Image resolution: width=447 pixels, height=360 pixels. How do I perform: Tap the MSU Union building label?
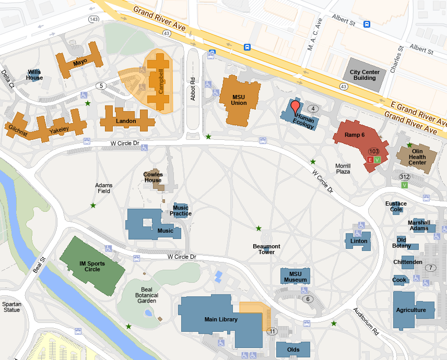pos(239,100)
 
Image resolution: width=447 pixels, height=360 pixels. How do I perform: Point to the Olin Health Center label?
pos(417,157)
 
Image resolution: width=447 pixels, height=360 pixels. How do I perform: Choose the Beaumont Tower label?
pos(266,249)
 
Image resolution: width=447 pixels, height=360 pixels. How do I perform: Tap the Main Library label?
pos(221,319)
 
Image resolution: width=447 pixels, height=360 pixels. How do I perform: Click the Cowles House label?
pos(153,177)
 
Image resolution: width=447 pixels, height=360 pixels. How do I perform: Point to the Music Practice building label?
pos(181,211)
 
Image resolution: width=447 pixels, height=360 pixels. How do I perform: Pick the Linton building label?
pos(359,241)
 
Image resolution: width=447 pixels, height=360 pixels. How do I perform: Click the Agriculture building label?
pos(411,310)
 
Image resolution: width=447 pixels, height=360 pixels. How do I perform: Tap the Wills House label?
pos(34,75)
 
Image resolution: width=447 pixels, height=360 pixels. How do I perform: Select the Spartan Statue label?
pos(11,306)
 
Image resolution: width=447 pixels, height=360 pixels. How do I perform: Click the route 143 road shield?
pos(94,19)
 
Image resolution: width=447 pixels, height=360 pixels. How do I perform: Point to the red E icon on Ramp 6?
pos(370,159)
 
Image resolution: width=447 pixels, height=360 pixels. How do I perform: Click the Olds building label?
pos(293,350)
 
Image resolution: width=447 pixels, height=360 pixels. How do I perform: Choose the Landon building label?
pos(126,121)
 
